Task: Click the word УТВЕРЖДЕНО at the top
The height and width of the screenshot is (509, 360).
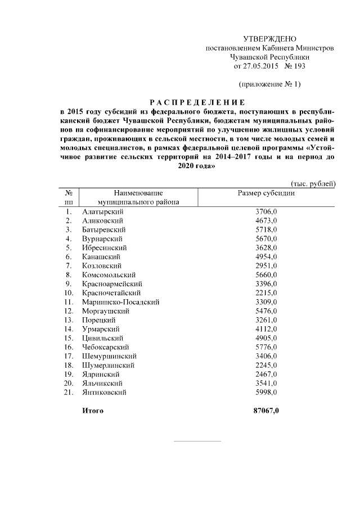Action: [x=269, y=39]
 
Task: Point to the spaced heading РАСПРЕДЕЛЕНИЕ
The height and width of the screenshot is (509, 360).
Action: [x=197, y=102]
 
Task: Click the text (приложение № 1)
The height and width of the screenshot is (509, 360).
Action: [x=270, y=84]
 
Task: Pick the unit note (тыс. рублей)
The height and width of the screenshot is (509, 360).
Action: [x=313, y=183]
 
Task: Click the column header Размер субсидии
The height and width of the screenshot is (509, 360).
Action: [x=267, y=193]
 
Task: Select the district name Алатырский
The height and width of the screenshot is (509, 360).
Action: [x=103, y=211]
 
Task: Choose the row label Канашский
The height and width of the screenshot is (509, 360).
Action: [x=101, y=256]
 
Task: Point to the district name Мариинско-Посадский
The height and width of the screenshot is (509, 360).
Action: [x=120, y=302]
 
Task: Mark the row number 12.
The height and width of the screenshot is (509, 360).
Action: [x=69, y=311]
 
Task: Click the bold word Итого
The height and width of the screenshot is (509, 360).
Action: [x=93, y=411]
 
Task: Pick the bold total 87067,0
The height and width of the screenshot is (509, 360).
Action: [x=267, y=411]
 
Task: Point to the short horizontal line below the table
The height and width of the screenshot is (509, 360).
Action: [x=197, y=440]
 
